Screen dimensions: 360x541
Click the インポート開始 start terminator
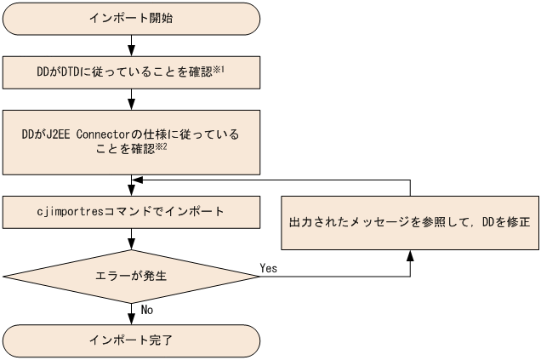click(x=131, y=19)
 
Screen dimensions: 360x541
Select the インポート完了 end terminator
click(x=131, y=340)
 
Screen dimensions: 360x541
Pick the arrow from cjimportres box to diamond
click(x=131, y=237)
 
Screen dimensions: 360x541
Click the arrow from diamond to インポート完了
click(x=131, y=311)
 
